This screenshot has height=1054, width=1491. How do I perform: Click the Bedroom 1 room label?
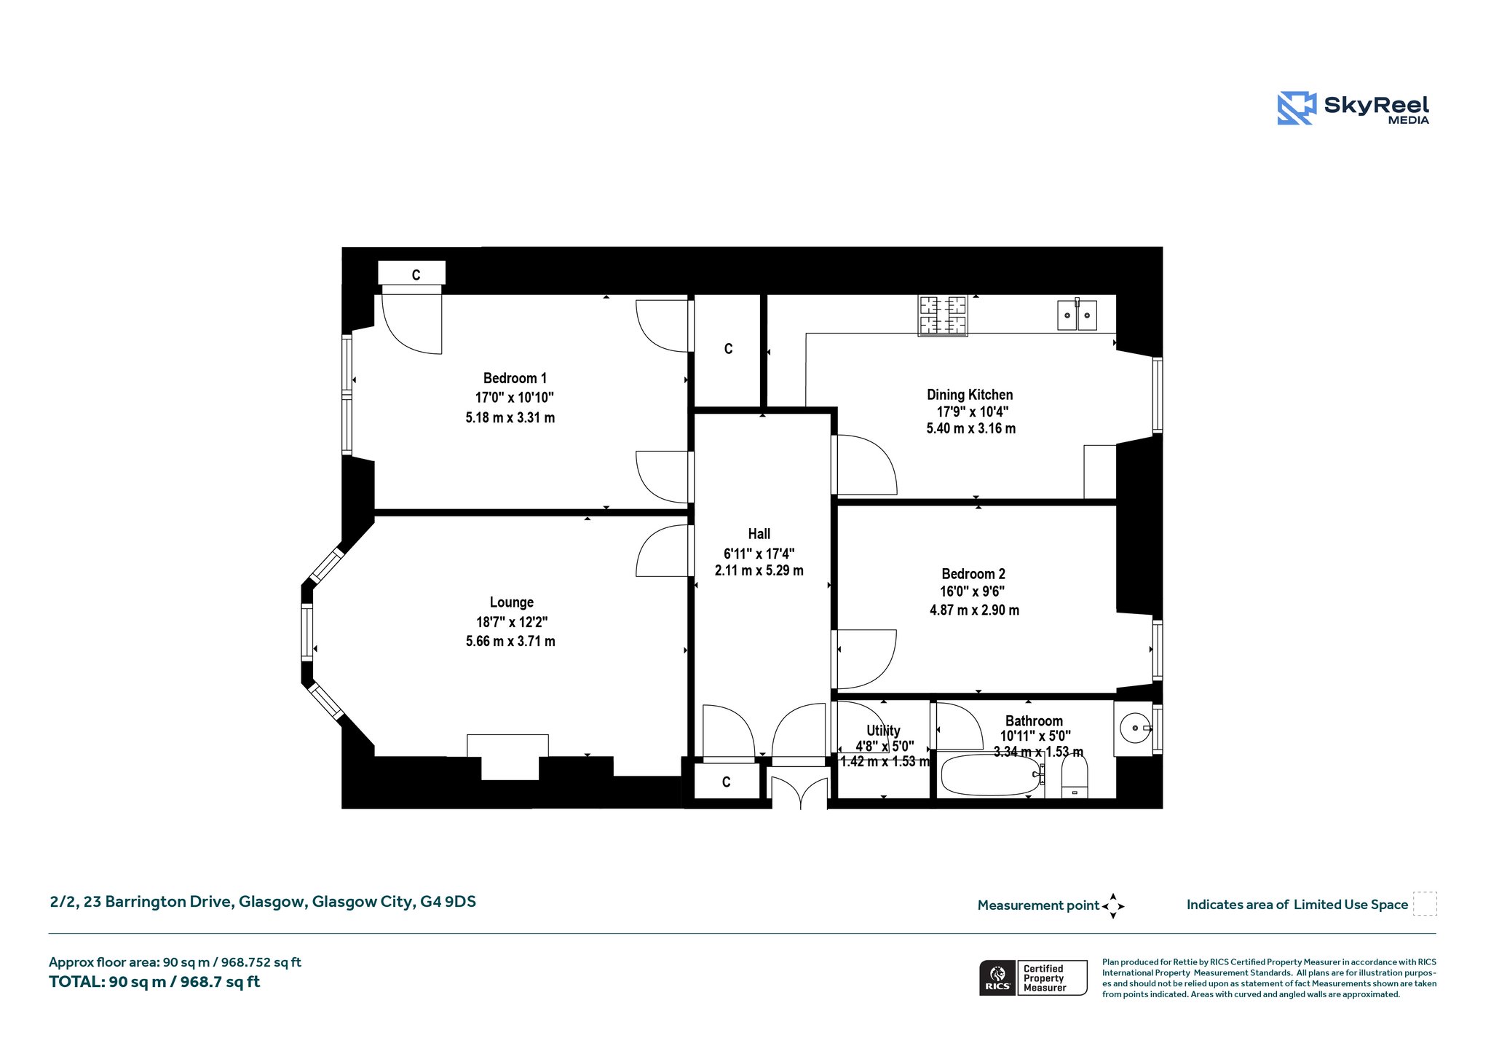click(515, 378)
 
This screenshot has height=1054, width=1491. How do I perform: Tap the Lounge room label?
click(511, 602)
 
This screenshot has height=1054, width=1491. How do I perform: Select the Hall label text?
click(759, 534)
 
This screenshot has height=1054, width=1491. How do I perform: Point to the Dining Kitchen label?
click(970, 395)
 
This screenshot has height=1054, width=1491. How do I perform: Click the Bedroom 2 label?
click(973, 574)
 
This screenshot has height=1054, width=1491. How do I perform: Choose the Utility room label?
click(883, 731)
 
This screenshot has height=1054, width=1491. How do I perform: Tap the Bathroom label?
click(1034, 721)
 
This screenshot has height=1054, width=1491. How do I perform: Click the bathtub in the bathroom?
click(992, 775)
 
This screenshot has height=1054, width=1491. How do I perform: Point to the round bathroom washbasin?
click(1135, 728)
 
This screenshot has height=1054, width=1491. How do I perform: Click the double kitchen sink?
click(1077, 315)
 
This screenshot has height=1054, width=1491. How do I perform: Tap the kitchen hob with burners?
click(943, 315)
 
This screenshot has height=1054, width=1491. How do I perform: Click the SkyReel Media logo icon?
click(1297, 108)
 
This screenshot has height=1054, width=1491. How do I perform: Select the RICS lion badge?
click(997, 977)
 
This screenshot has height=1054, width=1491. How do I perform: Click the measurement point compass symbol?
click(1113, 906)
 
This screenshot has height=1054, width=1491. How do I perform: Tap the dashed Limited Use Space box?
click(1425, 904)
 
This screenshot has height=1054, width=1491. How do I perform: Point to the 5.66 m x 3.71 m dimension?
click(510, 642)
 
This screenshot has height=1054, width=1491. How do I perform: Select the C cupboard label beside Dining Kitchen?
click(728, 349)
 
